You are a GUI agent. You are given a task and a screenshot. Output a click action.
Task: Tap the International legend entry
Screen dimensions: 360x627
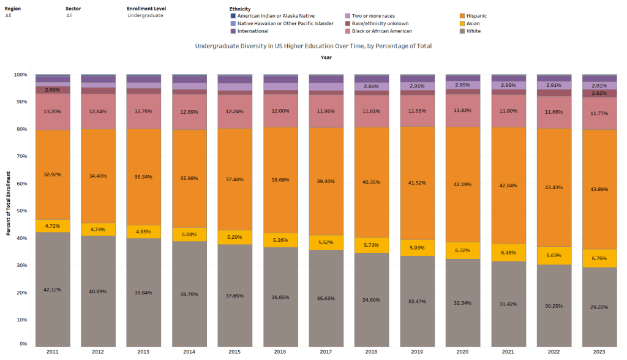click(x=253, y=31)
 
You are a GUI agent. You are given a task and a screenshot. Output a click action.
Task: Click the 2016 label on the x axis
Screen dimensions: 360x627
click(x=280, y=351)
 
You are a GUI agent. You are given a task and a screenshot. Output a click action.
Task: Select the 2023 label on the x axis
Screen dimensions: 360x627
click(x=599, y=351)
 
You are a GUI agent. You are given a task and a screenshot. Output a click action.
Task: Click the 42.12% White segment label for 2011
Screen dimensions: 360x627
click(x=53, y=291)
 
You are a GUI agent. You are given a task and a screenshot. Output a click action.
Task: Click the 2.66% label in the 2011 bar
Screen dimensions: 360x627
click(x=53, y=90)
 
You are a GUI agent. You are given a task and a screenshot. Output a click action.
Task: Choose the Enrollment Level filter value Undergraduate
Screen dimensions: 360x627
click(x=145, y=15)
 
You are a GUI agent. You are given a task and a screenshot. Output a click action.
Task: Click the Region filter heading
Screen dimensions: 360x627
click(x=13, y=9)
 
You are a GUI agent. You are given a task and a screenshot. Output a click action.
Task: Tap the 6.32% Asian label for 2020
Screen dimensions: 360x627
click(x=462, y=250)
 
